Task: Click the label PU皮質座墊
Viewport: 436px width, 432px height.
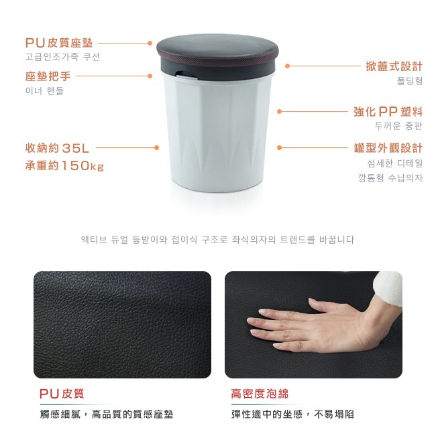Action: [x=59, y=43]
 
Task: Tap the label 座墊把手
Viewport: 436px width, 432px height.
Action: [x=48, y=76]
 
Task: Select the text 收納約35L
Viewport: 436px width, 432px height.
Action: [x=57, y=148]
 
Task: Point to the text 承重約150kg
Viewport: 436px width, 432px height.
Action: [x=64, y=165]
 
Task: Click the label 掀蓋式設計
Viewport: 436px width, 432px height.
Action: [x=394, y=66]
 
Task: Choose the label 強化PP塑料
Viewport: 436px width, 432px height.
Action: [x=388, y=112]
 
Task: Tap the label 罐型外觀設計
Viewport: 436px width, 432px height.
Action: [x=388, y=148]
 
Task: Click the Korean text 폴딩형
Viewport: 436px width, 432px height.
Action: [x=410, y=81]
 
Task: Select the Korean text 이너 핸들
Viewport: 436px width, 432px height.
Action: [x=44, y=91]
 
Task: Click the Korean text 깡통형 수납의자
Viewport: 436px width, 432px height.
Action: [x=390, y=177]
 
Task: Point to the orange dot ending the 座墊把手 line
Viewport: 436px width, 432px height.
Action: [x=150, y=76]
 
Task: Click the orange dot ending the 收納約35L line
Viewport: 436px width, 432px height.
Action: [x=156, y=148]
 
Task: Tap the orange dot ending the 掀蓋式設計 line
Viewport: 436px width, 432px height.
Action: [x=288, y=66]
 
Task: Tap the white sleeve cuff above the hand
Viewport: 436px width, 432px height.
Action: [x=387, y=288]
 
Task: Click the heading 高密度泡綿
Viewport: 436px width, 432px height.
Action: [x=260, y=394]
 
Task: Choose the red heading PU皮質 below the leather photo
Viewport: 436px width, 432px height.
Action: [x=62, y=394]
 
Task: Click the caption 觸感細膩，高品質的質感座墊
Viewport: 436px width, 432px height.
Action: [x=107, y=414]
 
